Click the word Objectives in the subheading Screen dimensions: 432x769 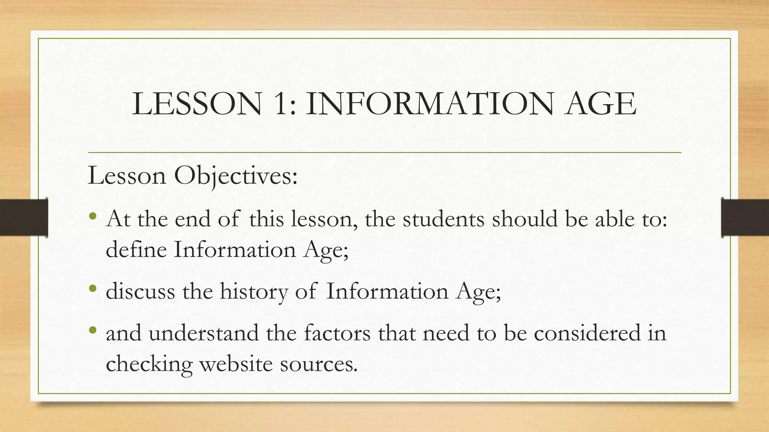click(x=235, y=175)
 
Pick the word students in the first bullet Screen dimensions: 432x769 click(x=443, y=219)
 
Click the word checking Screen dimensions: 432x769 click(x=149, y=364)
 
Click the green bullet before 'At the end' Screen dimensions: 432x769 click(x=93, y=216)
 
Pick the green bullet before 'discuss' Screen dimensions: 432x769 click(x=93, y=289)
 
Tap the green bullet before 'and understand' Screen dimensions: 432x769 click(x=93, y=330)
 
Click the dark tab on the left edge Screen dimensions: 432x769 click(x=24, y=217)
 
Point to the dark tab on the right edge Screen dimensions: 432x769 click(x=745, y=217)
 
